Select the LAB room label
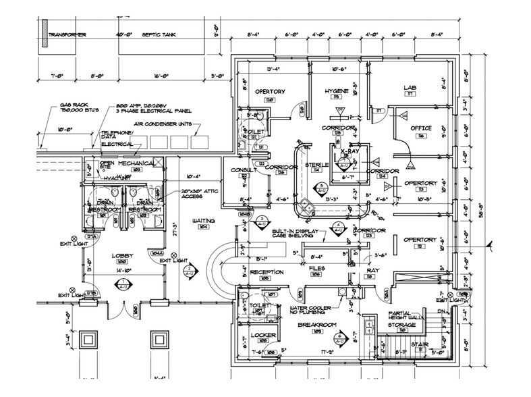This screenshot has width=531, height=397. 409,88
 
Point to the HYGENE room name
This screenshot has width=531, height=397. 336,90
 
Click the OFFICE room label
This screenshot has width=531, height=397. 420,128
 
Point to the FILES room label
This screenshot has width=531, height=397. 318,268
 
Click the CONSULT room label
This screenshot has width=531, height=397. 242,169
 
